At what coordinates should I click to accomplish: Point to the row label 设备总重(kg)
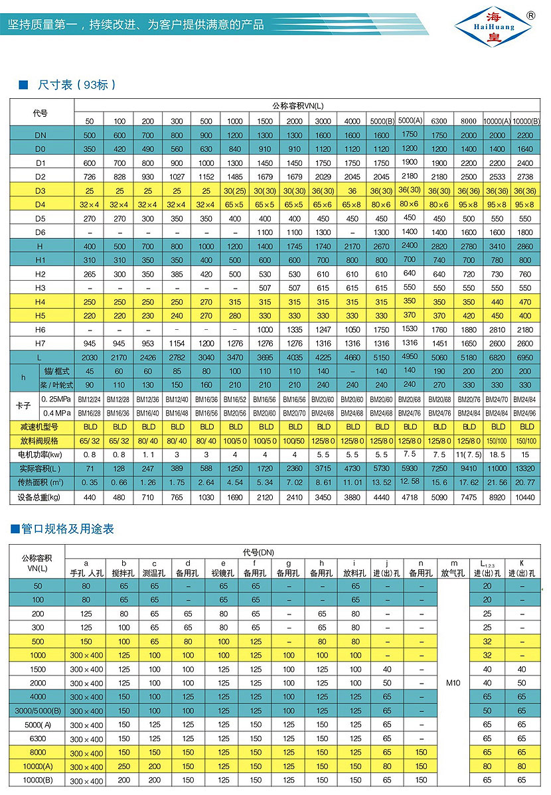click(40, 497)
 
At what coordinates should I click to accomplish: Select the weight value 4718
click(410, 497)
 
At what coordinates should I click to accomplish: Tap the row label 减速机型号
click(40, 426)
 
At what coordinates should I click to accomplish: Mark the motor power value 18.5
click(498, 455)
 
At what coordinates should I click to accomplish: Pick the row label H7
click(40, 343)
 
